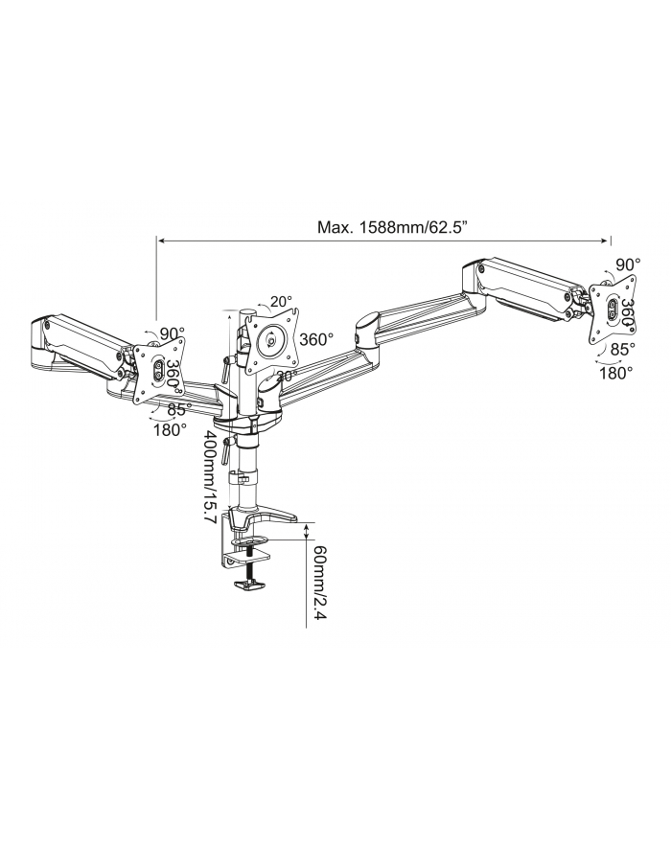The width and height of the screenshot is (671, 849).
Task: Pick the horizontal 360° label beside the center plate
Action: pos(316,339)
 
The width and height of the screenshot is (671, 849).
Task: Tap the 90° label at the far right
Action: pos(628,264)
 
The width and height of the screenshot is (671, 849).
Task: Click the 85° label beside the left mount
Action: pos(178,409)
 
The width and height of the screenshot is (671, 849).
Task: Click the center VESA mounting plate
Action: pos(273,338)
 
